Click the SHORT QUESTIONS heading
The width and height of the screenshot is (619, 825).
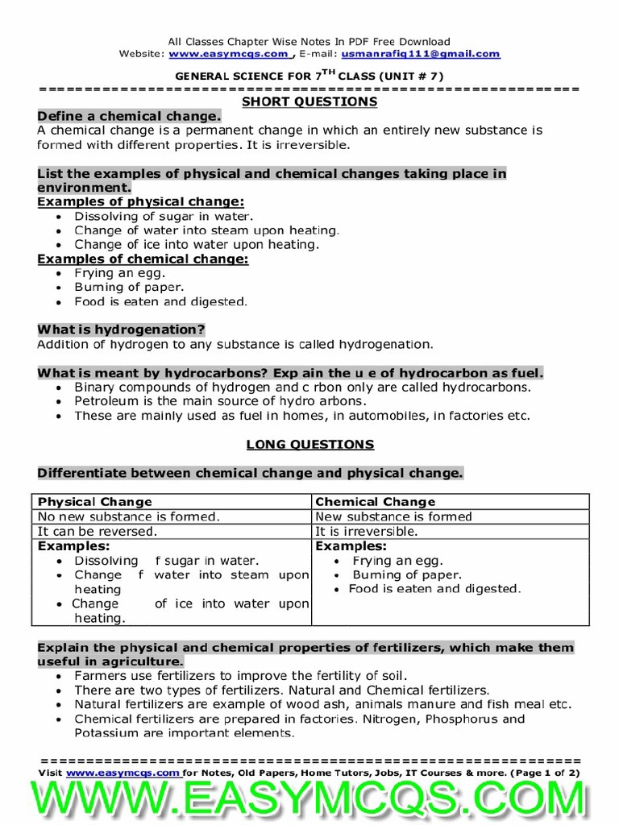[x=309, y=102]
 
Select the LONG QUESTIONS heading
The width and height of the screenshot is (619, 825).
[x=309, y=444]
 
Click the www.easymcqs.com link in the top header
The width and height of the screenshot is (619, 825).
[x=229, y=54]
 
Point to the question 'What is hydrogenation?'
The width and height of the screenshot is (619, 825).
[x=121, y=330]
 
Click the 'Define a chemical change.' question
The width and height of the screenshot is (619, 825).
[x=128, y=116]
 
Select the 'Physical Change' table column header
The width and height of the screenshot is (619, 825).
[x=95, y=501]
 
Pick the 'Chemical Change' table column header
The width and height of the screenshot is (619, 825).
[x=375, y=501]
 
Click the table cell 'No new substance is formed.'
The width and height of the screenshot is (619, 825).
[x=129, y=516]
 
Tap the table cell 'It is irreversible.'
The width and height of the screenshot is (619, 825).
[x=367, y=532]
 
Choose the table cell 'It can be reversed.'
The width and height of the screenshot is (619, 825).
[x=98, y=532]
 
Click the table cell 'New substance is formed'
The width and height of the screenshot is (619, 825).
[x=393, y=516]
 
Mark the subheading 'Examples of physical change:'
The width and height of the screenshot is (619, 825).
[x=141, y=201]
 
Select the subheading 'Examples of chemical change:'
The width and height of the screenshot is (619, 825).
[x=143, y=259]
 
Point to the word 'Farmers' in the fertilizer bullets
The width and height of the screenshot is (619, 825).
[x=99, y=676]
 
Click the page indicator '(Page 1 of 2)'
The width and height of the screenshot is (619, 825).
[x=546, y=772]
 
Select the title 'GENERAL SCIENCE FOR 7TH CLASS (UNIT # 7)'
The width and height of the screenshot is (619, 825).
[x=309, y=76]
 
